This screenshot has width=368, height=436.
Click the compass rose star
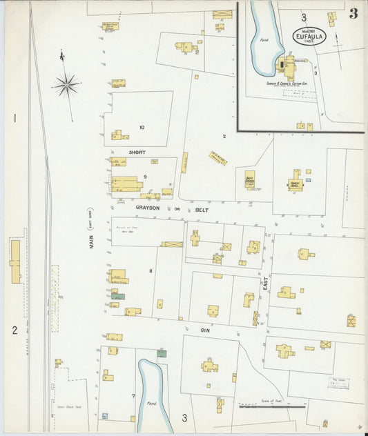click(66, 85)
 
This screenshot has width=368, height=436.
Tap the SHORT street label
click(137, 152)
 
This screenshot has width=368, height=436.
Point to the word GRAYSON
click(148, 207)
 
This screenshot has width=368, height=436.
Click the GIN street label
click(205, 330)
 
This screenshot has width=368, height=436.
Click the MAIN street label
click(92, 249)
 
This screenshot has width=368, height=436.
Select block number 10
click(142, 127)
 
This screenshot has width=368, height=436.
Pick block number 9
click(145, 177)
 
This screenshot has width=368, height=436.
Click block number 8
click(150, 270)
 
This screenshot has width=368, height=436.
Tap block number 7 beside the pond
click(133, 395)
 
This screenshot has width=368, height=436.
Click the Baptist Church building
click(250, 179)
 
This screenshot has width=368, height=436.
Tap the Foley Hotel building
click(296, 183)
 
